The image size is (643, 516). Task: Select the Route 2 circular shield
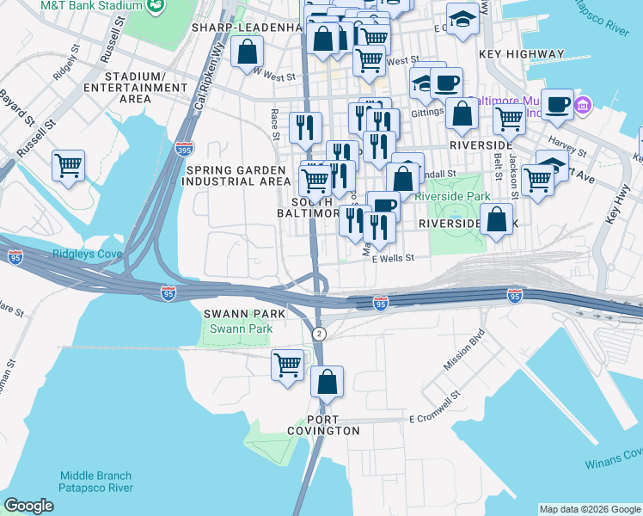[x=319, y=333]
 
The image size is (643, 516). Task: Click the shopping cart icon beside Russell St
[x=68, y=165]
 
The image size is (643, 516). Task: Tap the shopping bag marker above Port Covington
[x=327, y=381]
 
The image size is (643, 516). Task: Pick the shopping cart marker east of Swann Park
[x=287, y=364]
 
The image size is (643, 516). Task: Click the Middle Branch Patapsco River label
[x=95, y=482]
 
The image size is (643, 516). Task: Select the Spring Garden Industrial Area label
[x=238, y=175]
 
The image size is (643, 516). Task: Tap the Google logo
[x=28, y=506]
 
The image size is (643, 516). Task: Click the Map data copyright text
[x=589, y=509]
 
